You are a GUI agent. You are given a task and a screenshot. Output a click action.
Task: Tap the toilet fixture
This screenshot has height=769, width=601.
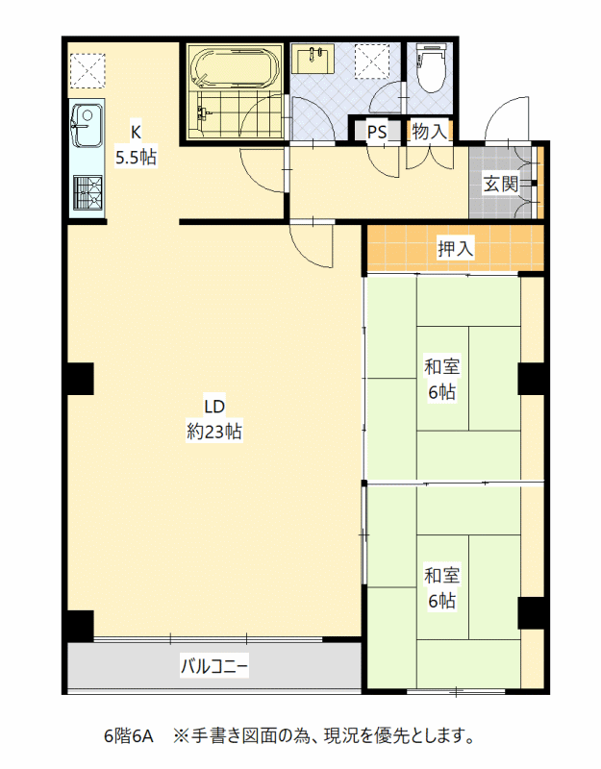(430, 66)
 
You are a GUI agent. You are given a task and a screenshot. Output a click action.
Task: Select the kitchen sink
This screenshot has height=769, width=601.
(87, 126)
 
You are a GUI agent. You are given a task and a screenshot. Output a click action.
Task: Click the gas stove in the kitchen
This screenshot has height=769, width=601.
(88, 192)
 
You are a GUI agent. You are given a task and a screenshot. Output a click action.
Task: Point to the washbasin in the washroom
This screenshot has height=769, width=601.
(313, 59)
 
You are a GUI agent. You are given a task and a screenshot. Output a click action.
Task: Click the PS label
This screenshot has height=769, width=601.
(377, 132)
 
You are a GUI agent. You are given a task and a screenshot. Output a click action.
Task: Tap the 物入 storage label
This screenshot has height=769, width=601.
(429, 131)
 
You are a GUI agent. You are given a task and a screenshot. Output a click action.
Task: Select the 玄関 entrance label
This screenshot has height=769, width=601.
(500, 184)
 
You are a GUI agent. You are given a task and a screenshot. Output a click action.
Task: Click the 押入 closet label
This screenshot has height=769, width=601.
(455, 249)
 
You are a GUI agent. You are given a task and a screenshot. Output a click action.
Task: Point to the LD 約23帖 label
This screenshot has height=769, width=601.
(214, 419)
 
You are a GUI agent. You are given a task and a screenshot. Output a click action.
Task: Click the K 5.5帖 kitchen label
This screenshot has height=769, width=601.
(136, 145)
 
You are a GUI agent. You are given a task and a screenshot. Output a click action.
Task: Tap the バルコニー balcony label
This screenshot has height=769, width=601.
(214, 666)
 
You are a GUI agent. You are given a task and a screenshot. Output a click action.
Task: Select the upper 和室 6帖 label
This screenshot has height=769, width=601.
(441, 379)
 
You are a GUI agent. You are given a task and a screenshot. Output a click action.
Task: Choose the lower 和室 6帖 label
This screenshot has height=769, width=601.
(441, 587)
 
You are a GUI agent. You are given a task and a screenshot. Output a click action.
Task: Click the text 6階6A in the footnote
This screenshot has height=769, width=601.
(129, 735)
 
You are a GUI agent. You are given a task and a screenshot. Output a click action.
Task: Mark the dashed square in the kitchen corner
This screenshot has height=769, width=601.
(88, 70)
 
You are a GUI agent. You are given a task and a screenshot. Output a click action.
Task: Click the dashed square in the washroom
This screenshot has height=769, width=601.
(372, 62)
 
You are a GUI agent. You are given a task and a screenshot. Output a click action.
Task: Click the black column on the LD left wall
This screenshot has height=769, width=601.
(80, 379)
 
